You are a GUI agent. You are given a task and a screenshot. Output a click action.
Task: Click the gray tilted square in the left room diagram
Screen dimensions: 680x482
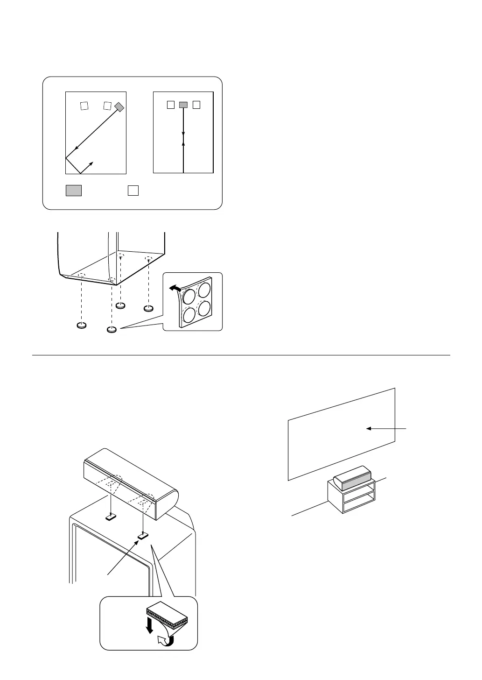pyautogui.click(x=119, y=107)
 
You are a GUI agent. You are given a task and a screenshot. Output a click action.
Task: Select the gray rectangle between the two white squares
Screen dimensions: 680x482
pyautogui.click(x=183, y=105)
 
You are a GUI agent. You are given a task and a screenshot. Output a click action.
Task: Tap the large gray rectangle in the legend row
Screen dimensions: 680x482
pyautogui.click(x=74, y=190)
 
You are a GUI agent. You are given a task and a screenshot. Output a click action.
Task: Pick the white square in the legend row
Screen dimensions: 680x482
pyautogui.click(x=133, y=190)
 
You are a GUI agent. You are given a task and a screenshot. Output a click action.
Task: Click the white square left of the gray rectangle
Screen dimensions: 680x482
pyautogui.click(x=171, y=105)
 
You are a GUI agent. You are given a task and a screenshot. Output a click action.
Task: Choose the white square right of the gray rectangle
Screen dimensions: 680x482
pyautogui.click(x=196, y=105)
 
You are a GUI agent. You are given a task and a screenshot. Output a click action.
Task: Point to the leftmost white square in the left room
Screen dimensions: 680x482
pyautogui.click(x=84, y=106)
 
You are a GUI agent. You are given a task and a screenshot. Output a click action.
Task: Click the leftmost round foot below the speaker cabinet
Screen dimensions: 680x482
pyautogui.click(x=82, y=326)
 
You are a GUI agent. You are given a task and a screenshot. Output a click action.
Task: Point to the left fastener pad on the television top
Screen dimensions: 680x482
pyautogui.click(x=111, y=517)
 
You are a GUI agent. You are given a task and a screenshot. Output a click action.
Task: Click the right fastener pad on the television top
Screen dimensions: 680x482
pyautogui.click(x=143, y=537)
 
